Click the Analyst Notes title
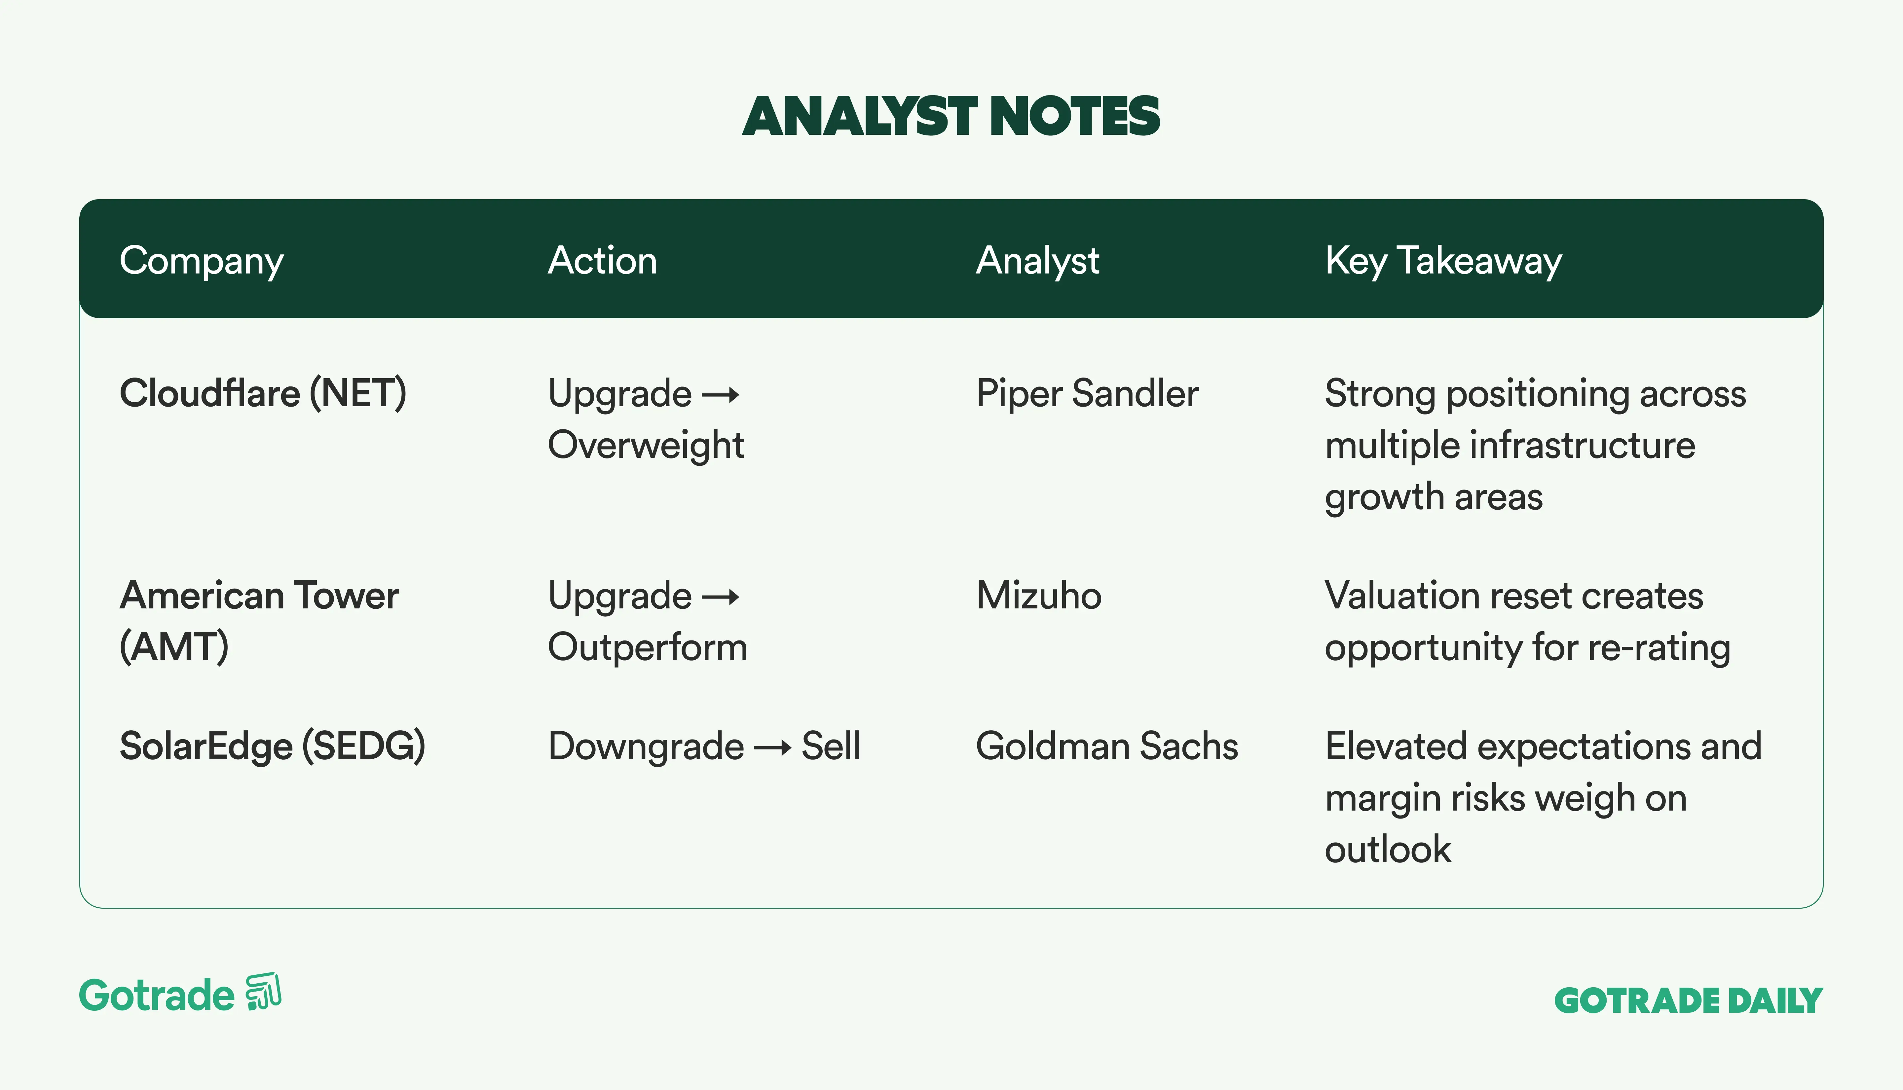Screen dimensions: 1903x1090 (951, 117)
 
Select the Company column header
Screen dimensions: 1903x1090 (202, 261)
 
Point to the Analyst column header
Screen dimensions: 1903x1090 (1038, 261)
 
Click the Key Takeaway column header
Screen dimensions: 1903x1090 (1443, 261)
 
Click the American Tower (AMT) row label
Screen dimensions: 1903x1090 (259, 621)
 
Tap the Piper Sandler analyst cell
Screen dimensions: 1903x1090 (1087, 394)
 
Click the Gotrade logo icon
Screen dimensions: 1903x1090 (264, 992)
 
